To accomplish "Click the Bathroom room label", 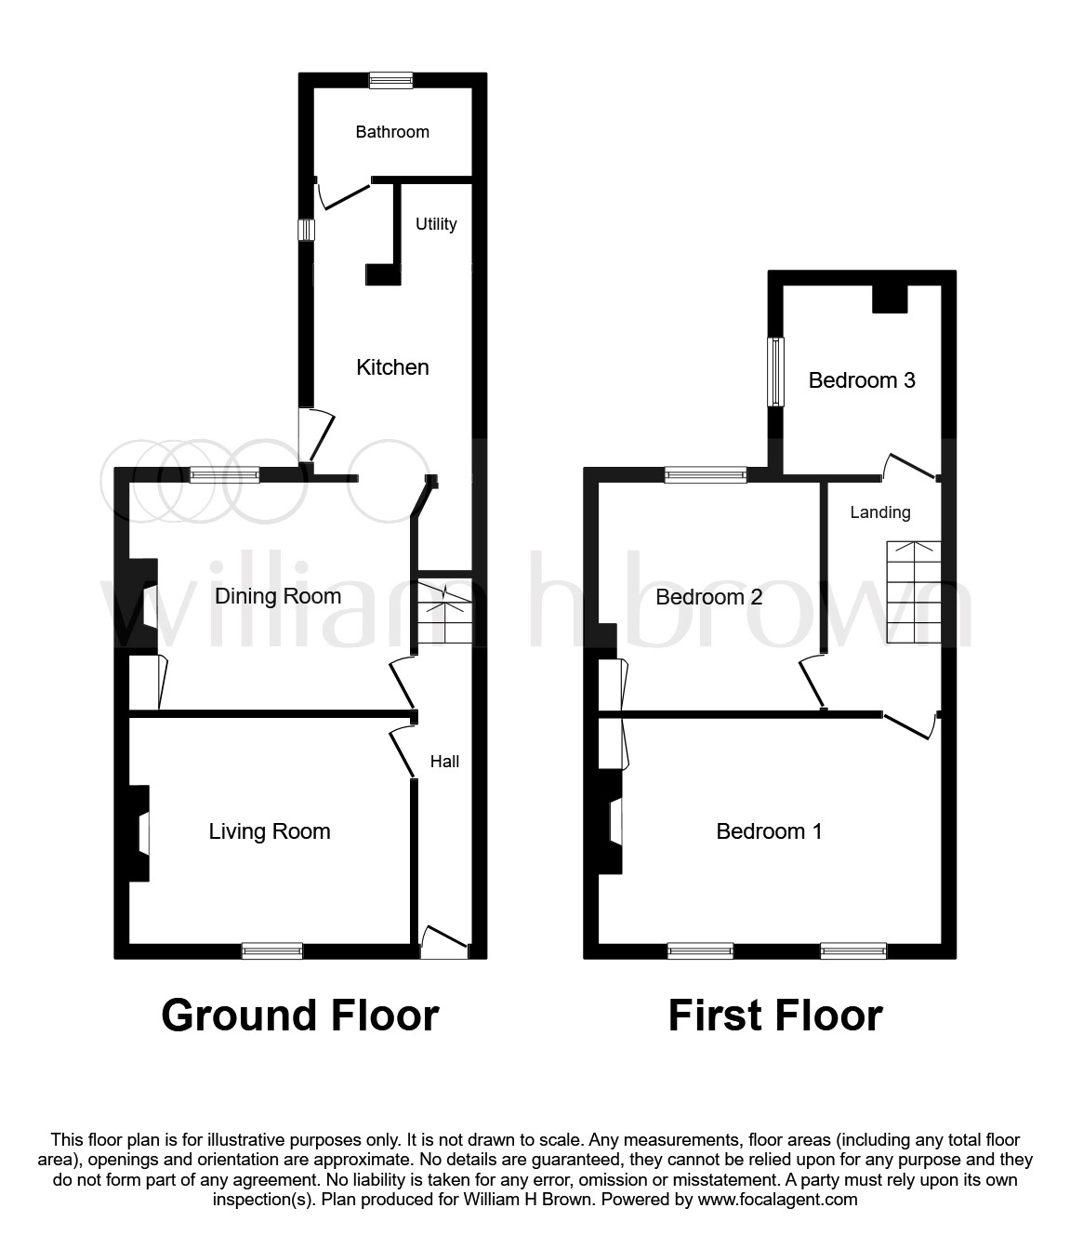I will pyautogui.click(x=392, y=132).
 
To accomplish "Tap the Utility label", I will pyautogui.click(x=436, y=224).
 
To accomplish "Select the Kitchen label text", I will pyautogui.click(x=392, y=367).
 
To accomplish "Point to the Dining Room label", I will pyautogui.click(x=277, y=596).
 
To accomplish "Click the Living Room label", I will pyautogui.click(x=269, y=831).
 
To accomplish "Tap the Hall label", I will pyautogui.click(x=444, y=762).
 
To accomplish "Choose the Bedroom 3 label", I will pyautogui.click(x=861, y=380).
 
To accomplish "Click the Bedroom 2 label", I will pyautogui.click(x=708, y=597).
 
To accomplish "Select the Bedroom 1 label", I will pyautogui.click(x=768, y=831).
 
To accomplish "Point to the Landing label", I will pyautogui.click(x=879, y=512).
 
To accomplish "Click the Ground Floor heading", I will pyautogui.click(x=299, y=1016).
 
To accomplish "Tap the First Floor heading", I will pyautogui.click(x=774, y=1016).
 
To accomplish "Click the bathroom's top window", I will pyautogui.click(x=390, y=80).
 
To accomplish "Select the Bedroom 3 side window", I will pyautogui.click(x=774, y=372).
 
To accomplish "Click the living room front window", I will pyautogui.click(x=271, y=950).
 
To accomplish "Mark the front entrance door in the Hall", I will pyautogui.click(x=444, y=944).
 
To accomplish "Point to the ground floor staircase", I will pyautogui.click(x=444, y=613).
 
